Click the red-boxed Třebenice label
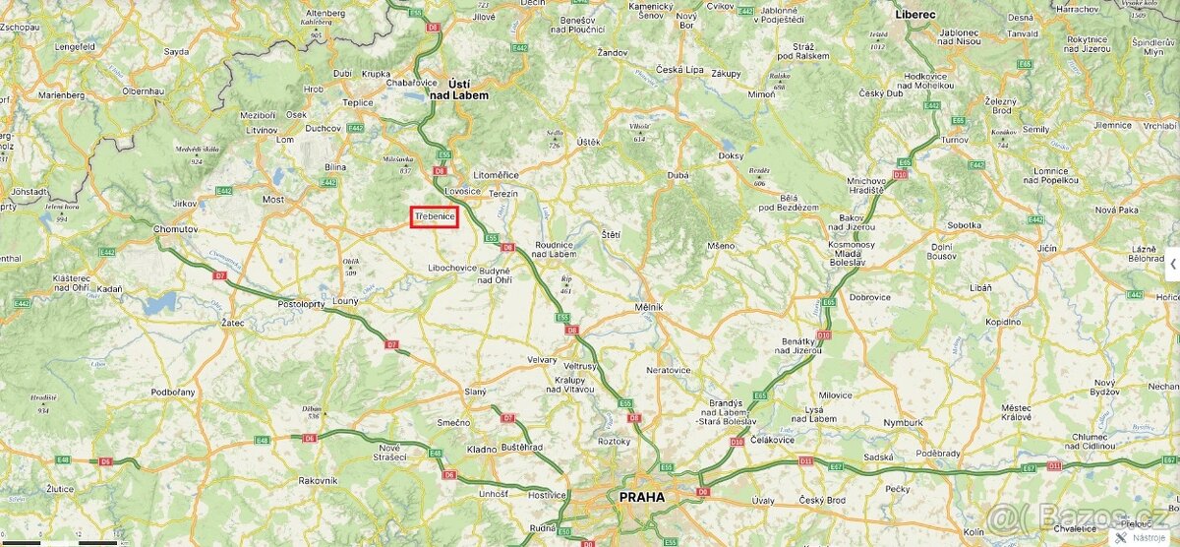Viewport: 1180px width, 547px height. (435, 216)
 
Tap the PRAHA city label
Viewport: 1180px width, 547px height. (641, 497)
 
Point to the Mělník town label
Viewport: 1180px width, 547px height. (648, 307)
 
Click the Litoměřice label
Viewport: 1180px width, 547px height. (496, 174)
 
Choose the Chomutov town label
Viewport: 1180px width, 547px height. (176, 228)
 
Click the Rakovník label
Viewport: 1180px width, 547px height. (318, 480)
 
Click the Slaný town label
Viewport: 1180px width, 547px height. (475, 392)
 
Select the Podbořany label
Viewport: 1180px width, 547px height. (173, 393)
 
